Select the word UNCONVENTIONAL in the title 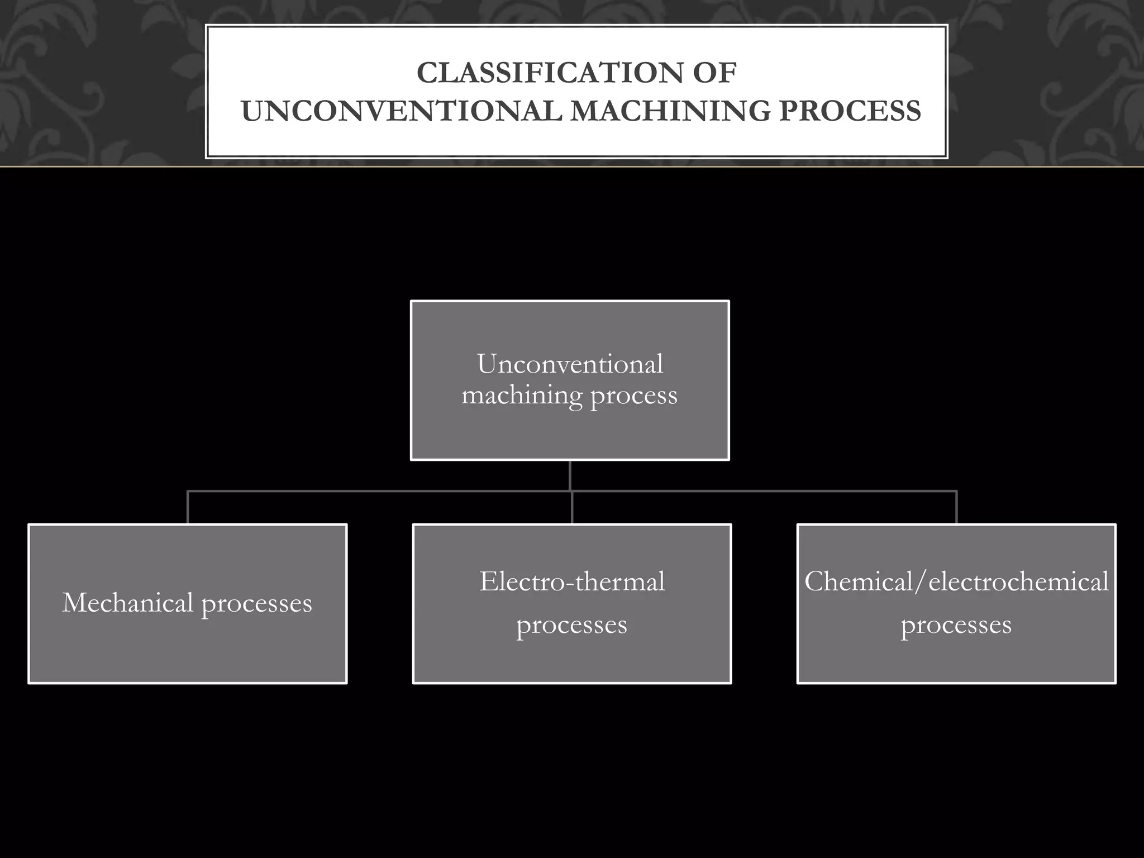tap(401, 111)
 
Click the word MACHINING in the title tap(670, 111)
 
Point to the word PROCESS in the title tap(850, 111)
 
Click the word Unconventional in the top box tap(570, 364)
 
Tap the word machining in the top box tap(522, 395)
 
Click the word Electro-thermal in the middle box tap(572, 581)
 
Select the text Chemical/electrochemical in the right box tap(956, 581)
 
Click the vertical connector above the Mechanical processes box tap(188, 507)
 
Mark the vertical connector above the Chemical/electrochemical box tap(957, 507)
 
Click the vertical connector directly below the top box tap(570, 475)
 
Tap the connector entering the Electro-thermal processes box tap(572, 508)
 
